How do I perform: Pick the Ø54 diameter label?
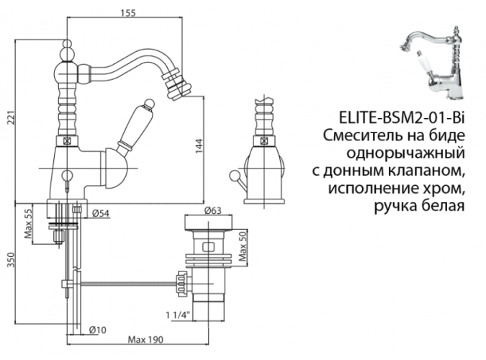(x=102, y=214)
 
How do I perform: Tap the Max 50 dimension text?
(x=243, y=247)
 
